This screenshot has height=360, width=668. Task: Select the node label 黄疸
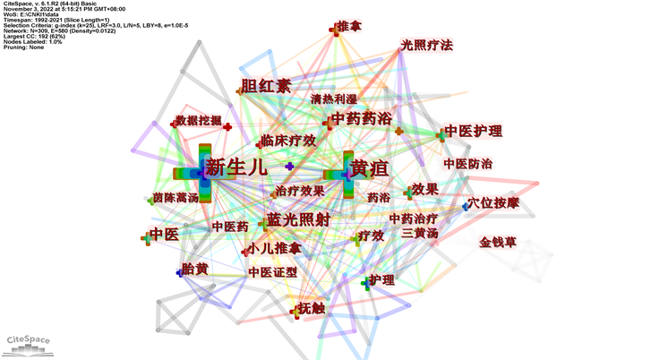click(x=371, y=168)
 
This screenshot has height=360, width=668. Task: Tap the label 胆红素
click(x=267, y=87)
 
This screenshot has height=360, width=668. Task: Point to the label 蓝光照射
click(x=298, y=220)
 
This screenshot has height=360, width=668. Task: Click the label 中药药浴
click(x=361, y=119)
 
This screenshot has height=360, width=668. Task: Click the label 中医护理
click(x=474, y=132)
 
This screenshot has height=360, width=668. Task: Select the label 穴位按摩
click(x=493, y=203)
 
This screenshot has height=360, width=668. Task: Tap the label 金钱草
click(x=498, y=242)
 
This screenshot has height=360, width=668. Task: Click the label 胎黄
click(x=194, y=268)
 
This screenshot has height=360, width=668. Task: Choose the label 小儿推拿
click(x=276, y=247)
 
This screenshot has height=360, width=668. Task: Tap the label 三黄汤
click(x=420, y=233)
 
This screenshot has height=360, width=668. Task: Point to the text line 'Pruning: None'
click(x=24, y=47)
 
